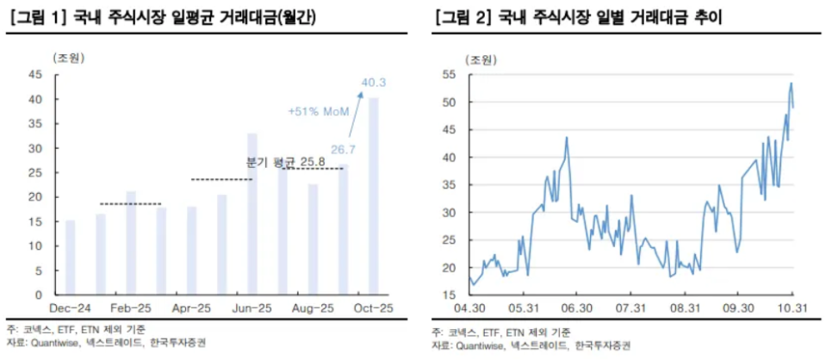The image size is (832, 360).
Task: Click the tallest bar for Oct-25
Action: pyautogui.click(x=373, y=196)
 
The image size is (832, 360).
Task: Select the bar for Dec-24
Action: pyautogui.click(x=70, y=258)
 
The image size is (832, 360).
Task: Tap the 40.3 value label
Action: pyautogui.click(x=373, y=83)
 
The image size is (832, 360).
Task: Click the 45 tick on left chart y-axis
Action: pyautogui.click(x=35, y=74)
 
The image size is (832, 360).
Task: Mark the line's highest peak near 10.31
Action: pyautogui.click(x=791, y=84)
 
